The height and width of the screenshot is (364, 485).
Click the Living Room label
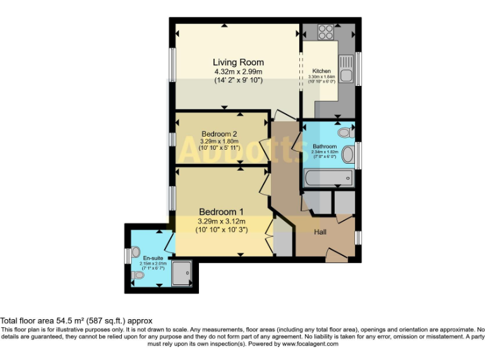[238, 63]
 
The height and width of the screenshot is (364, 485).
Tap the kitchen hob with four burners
[326, 31]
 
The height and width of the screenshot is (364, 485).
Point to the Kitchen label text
[321, 71]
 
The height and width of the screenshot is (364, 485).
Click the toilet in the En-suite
[138, 276]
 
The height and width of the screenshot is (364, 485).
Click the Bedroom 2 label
[219, 134]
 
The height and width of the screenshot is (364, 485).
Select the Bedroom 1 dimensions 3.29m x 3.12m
[221, 222]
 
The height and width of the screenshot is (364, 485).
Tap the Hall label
[321, 232]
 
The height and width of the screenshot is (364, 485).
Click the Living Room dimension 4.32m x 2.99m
[238, 72]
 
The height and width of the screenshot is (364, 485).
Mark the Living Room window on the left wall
[172, 65]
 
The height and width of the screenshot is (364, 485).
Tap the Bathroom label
[325, 147]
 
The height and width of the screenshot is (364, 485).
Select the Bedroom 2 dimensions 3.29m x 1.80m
[219, 142]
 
